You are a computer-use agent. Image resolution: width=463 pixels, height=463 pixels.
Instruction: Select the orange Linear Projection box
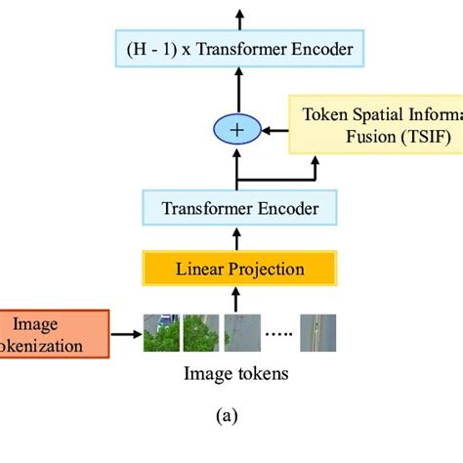point(239,269)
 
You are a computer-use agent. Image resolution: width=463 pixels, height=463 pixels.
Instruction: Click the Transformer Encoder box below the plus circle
point(239,207)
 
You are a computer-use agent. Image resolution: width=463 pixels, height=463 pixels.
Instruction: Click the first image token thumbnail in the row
point(160,332)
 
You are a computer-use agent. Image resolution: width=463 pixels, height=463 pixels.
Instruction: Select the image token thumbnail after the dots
point(317,332)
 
